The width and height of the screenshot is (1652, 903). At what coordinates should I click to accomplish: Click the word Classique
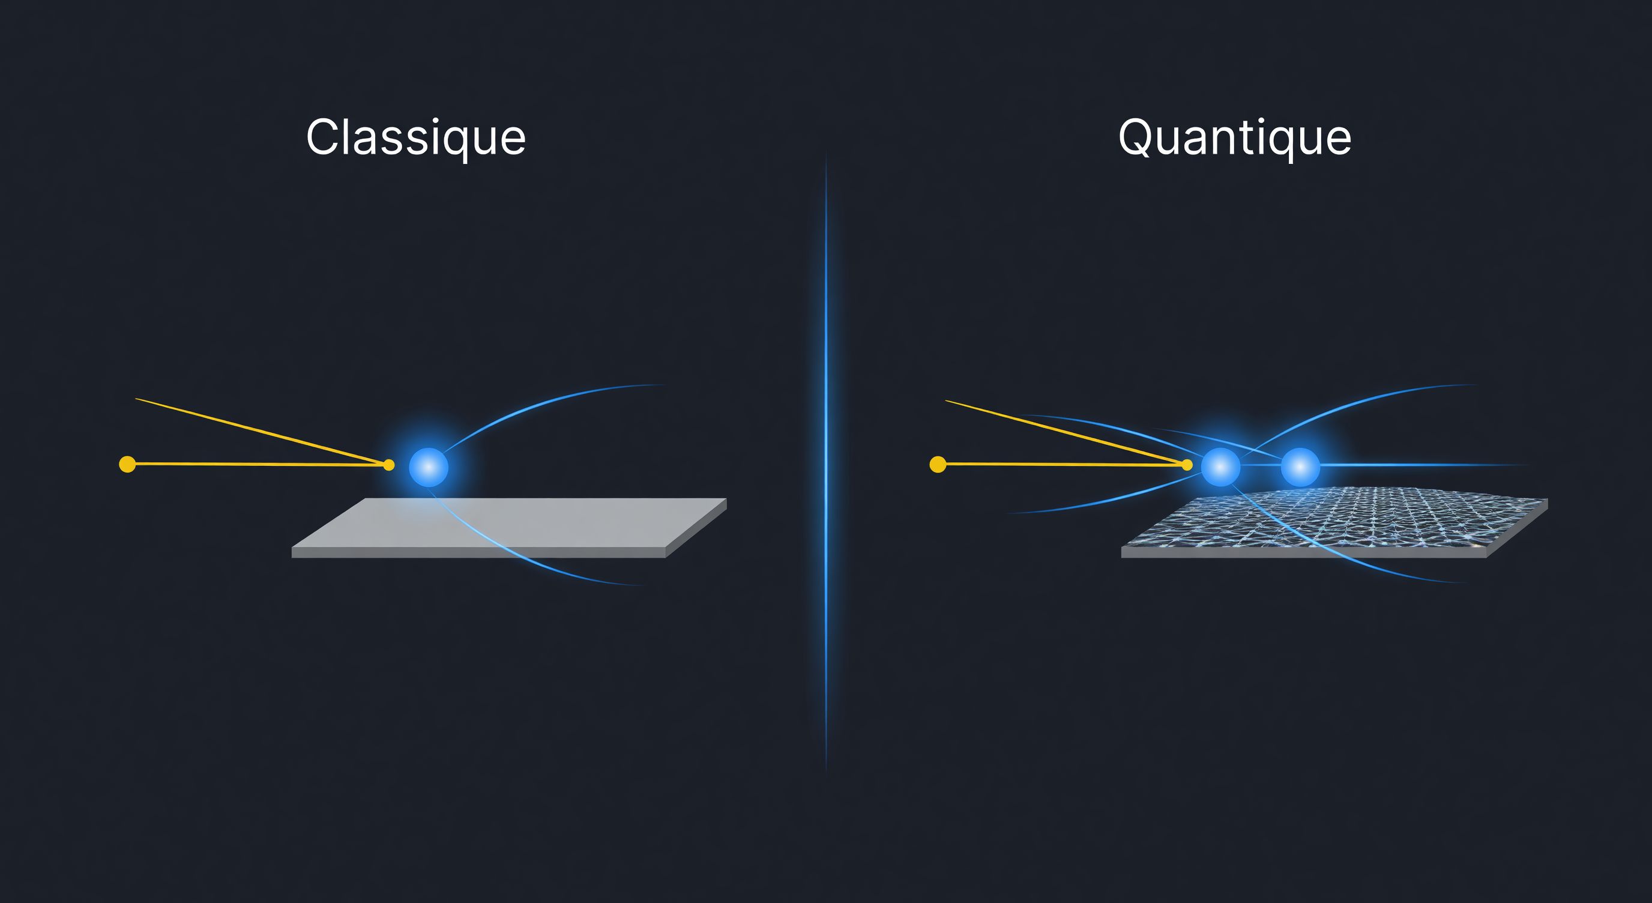(x=416, y=138)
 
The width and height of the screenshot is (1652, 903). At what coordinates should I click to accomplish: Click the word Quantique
(x=1235, y=138)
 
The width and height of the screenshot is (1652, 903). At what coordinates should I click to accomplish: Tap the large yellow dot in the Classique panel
(x=128, y=464)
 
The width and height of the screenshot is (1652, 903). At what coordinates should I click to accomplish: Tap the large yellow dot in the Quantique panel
(x=938, y=464)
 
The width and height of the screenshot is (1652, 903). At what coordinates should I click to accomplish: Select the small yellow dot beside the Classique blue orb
(x=388, y=465)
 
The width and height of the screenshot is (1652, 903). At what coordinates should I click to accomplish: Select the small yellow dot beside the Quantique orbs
(x=1187, y=465)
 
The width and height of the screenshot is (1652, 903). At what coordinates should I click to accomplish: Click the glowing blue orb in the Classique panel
(x=429, y=467)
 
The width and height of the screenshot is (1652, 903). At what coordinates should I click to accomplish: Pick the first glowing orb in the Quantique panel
(x=1220, y=467)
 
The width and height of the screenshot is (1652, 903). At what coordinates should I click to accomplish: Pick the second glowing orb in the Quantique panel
(x=1300, y=467)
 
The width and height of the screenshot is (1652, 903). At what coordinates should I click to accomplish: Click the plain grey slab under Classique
(x=509, y=528)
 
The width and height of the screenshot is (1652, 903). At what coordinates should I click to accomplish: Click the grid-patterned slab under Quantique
(x=1334, y=523)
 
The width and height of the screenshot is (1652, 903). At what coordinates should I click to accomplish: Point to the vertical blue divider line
(x=826, y=462)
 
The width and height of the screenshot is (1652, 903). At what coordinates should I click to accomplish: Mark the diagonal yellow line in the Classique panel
(x=262, y=431)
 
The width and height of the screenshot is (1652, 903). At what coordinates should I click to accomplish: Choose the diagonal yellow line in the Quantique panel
(x=1067, y=432)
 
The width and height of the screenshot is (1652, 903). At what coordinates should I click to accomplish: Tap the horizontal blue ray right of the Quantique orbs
(x=1424, y=464)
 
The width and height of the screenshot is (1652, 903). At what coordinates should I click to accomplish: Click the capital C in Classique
(x=325, y=137)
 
